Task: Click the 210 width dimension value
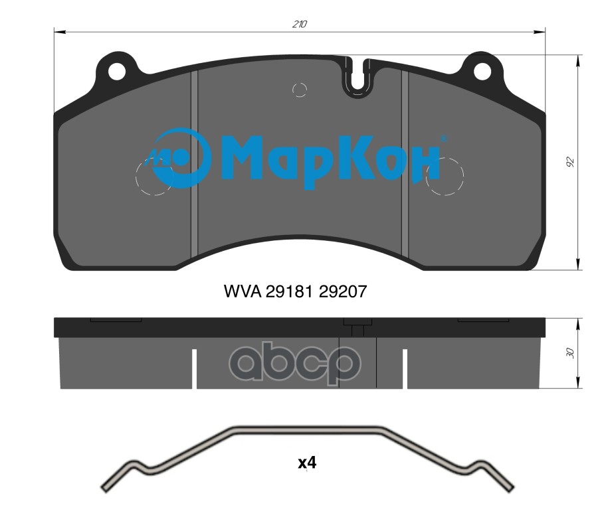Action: coord(300,25)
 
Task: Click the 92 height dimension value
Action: coord(570,162)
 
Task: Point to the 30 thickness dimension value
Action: coord(569,353)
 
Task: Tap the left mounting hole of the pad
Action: coord(117,72)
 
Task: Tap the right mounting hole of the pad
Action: coord(482,72)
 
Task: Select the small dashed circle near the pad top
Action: coord(300,90)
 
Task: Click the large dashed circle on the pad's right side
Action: coord(445,176)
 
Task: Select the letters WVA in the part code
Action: coord(242,291)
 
